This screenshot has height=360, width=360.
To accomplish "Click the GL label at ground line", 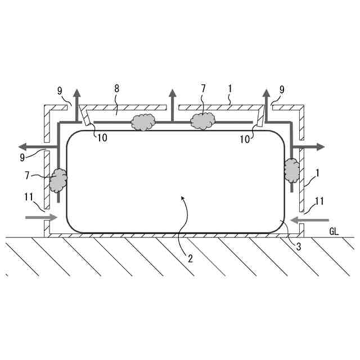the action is click(x=334, y=231).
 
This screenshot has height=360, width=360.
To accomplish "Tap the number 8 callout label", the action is click(x=116, y=88).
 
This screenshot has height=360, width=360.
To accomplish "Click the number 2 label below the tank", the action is click(x=190, y=259).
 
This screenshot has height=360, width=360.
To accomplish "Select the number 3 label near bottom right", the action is click(x=299, y=246).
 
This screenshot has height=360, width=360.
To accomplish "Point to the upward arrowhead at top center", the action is click(x=172, y=93).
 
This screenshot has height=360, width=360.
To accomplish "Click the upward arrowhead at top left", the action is click(x=77, y=93).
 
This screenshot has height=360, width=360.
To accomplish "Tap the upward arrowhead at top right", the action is click(x=266, y=93).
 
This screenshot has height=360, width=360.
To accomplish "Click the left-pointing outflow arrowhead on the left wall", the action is click(x=22, y=146).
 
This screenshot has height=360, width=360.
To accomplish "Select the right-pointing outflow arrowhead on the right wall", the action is click(x=320, y=146).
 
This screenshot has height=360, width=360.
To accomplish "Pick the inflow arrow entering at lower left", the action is click(x=41, y=217).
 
